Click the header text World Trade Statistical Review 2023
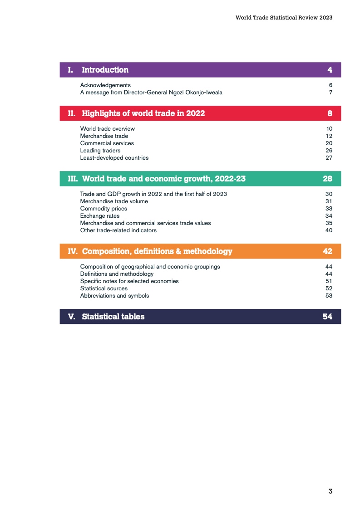coord(284,18)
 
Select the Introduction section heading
coord(105,70)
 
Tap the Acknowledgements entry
coord(105,85)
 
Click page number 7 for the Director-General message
coord(330,93)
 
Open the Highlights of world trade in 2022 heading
coord(143,113)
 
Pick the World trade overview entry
coord(107,129)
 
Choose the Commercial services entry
coord(107,143)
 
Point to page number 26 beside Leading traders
coord(329,151)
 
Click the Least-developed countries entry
coord(114,158)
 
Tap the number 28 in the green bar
coord(327,179)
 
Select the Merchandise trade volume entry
coord(113,201)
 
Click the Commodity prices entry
coord(104,209)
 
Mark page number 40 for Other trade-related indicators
coord(329,230)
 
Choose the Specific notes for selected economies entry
coord(129,281)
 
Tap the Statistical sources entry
coord(104,289)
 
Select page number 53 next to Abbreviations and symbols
coord(329,296)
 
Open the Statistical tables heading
coord(113,317)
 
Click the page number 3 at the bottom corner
coord(330,491)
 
